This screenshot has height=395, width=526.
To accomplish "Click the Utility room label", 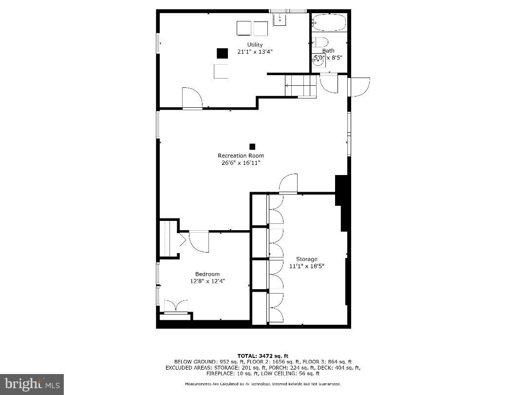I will tap(255, 45).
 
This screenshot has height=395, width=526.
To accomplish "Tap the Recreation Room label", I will tap(241, 156).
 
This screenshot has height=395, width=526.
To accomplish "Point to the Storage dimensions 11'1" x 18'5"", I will tap(306, 266).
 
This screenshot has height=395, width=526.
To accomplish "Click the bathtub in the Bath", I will tap(329, 22).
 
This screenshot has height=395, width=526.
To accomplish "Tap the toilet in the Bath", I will tap(321, 42).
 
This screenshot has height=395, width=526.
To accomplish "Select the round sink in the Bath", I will tap(318, 60).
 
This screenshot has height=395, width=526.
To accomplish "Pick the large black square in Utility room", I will tap(223, 53).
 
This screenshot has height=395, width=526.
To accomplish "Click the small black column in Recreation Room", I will tap(252, 146).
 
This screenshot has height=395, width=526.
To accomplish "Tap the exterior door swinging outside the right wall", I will tap(359, 86).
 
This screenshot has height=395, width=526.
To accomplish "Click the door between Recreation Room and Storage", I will tap(288, 184).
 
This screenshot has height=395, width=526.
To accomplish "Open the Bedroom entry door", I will tap(199, 241).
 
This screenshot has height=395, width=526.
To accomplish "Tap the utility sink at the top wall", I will tap(281, 19).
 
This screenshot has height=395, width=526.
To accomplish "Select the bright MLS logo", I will tap(32, 384).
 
